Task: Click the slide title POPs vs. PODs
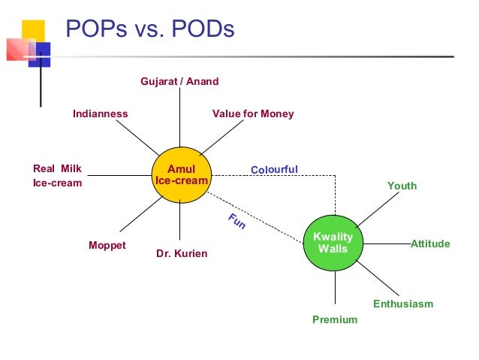(150, 30)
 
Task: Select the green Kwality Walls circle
(333, 242)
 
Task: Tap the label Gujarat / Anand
(179, 81)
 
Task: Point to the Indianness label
(101, 114)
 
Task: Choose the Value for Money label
(253, 114)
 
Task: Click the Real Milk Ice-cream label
(57, 176)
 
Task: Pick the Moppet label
(107, 246)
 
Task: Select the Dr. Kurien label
(182, 254)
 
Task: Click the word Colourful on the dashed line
(274, 169)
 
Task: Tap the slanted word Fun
(236, 222)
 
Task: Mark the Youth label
(402, 186)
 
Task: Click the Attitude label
(430, 244)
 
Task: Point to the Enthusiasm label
(403, 304)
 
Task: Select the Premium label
(335, 319)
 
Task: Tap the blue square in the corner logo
(39, 54)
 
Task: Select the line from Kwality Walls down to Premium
(334, 289)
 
